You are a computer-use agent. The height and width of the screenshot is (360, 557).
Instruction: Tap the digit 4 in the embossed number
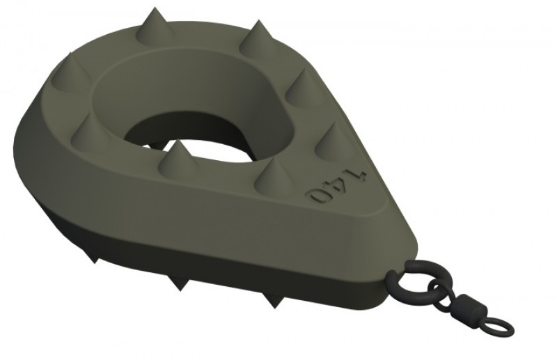coord(338,185)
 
